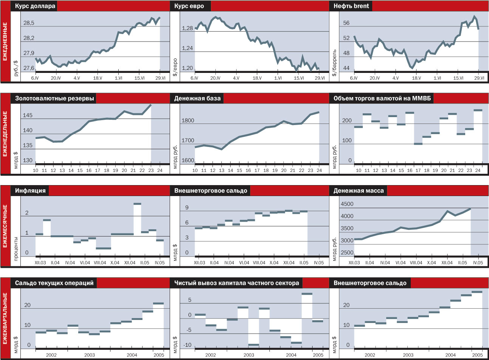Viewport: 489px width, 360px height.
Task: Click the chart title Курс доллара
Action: pos(35,6)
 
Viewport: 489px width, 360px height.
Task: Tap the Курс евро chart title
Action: pos(189,6)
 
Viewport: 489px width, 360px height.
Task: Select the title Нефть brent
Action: pos(351,6)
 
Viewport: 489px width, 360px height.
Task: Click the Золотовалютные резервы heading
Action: pos(54,99)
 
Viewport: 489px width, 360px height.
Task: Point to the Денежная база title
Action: pos(197,99)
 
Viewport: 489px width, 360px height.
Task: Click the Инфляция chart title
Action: pos(30,191)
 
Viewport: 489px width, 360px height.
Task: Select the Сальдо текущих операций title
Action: pos(54,283)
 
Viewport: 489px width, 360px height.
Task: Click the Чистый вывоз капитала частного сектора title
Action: pos(237,283)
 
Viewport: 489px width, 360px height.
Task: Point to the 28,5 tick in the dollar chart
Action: pos(29,23)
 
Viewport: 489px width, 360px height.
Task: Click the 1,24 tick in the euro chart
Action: pos(187,48)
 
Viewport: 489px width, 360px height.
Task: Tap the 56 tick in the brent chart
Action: pos(346,23)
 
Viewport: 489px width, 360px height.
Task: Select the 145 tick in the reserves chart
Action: pos(28,115)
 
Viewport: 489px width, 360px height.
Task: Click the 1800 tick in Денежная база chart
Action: pos(188,121)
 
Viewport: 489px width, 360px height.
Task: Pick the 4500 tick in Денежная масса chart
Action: pos(347,204)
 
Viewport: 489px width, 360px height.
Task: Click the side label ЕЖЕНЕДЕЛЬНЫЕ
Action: pos(5,134)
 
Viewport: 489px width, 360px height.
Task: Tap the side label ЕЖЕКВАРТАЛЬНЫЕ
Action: pos(5,318)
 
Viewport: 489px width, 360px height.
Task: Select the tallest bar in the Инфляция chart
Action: pos(137,204)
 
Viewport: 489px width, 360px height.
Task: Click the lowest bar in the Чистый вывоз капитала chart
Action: pos(254,345)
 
